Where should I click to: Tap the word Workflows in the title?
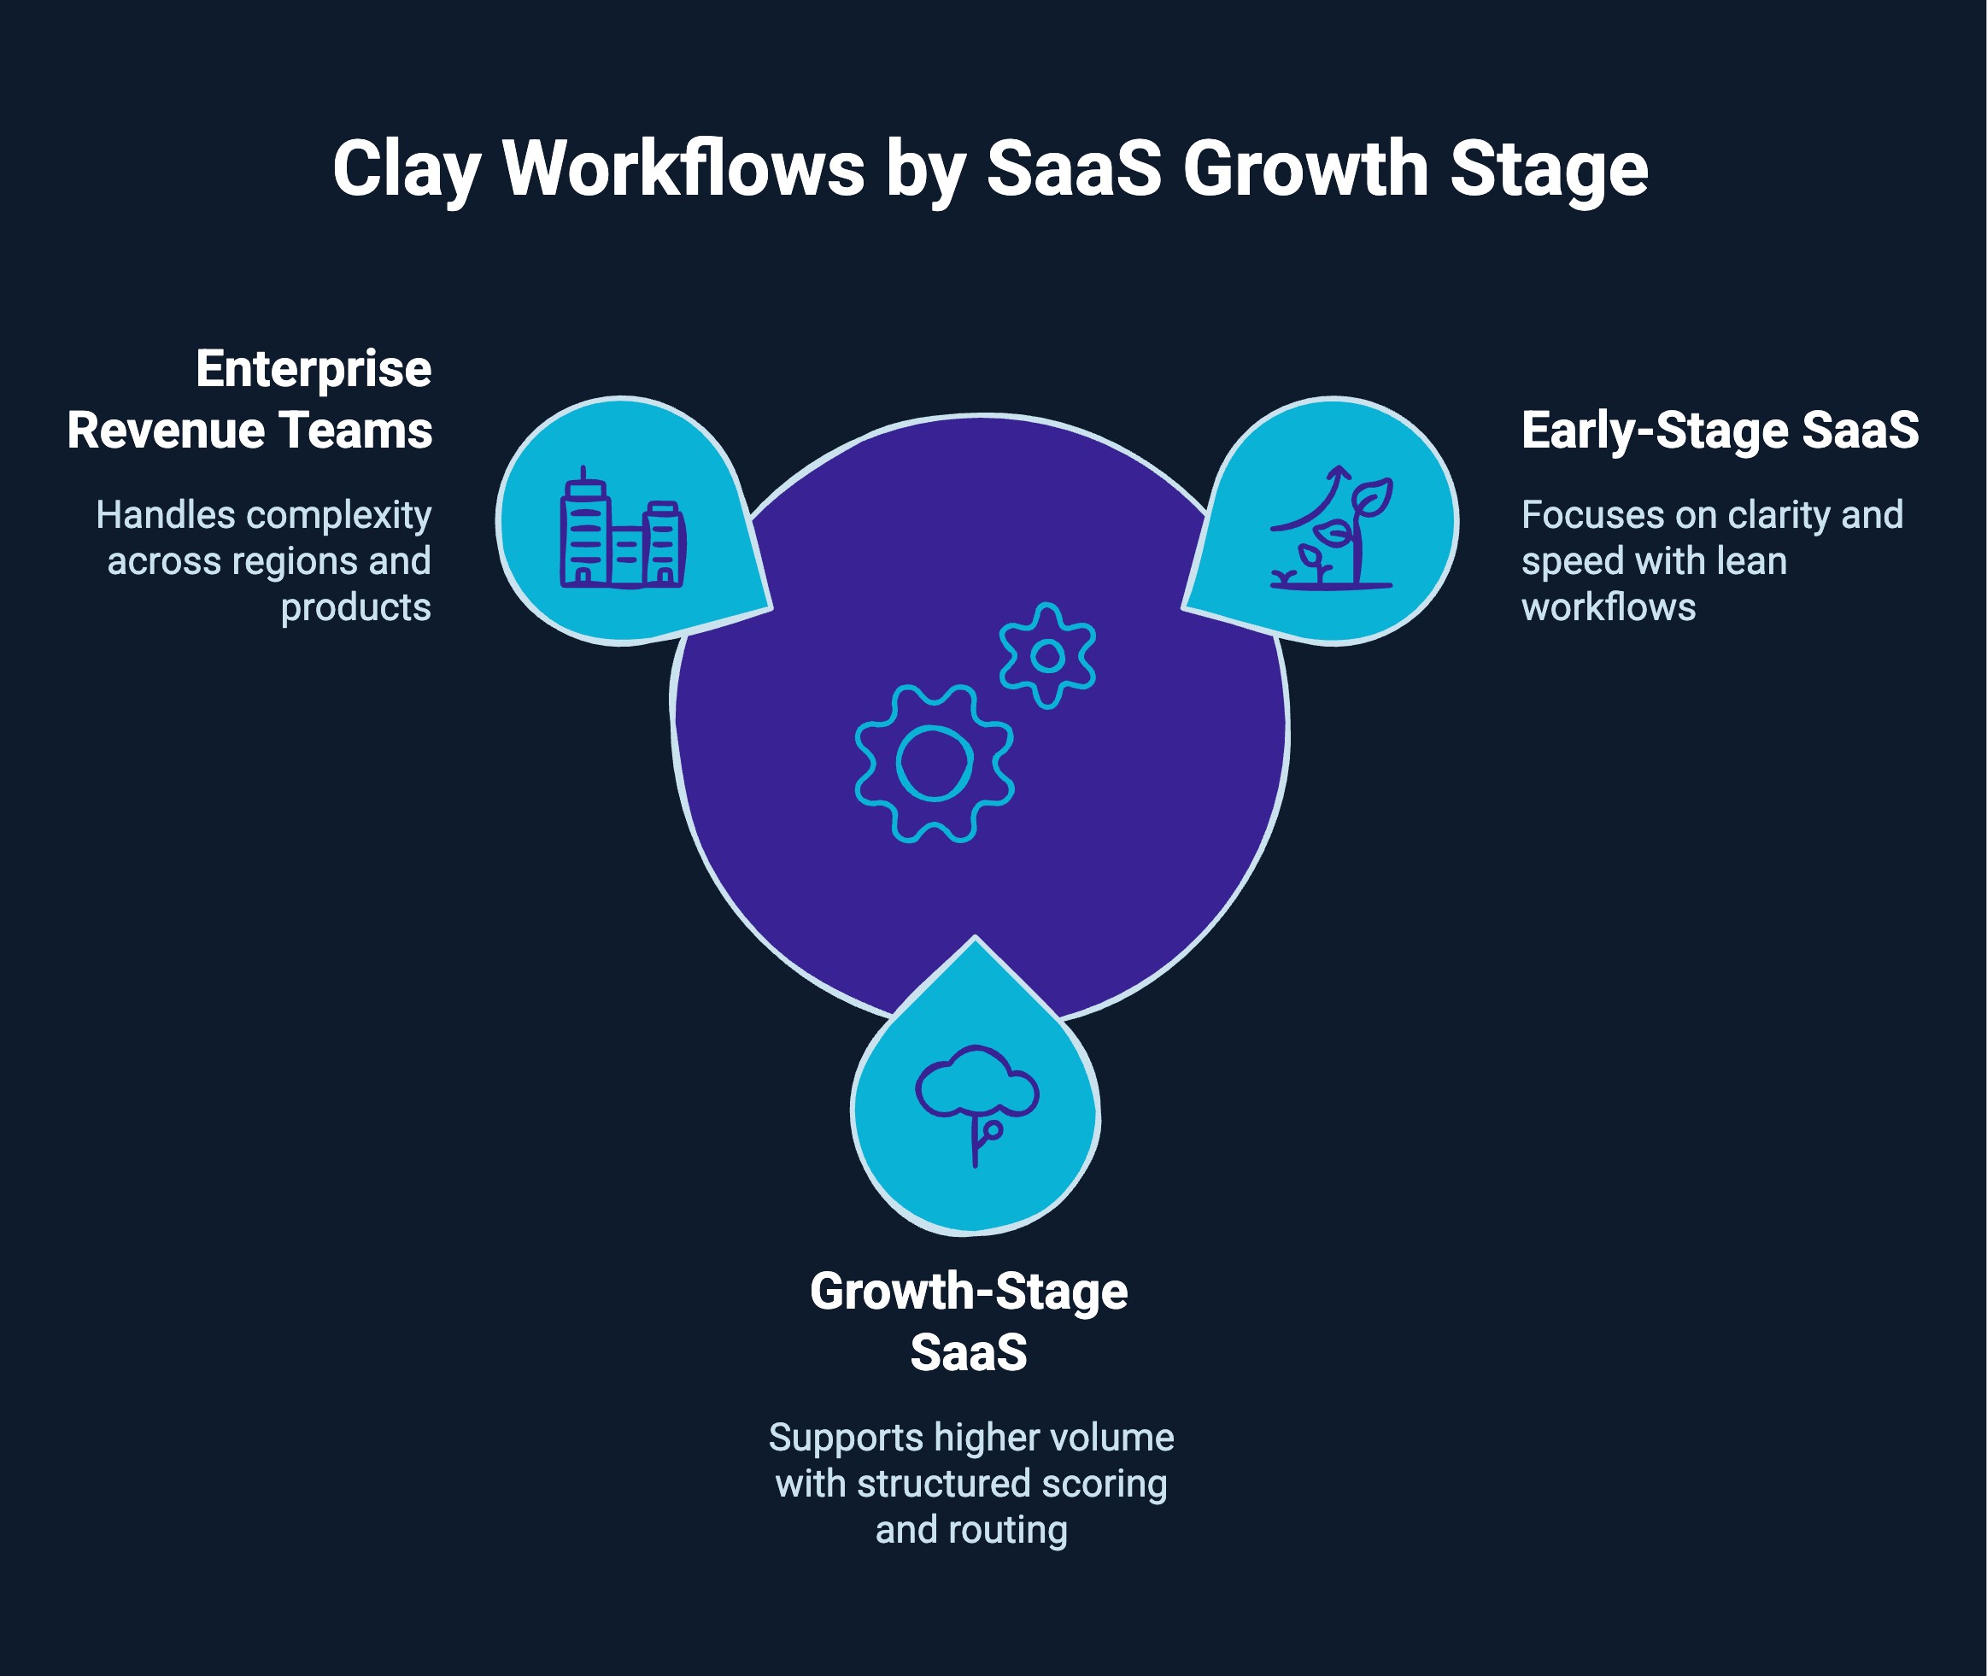coord(683,169)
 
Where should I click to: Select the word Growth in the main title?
coord(1304,169)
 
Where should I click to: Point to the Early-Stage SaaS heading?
coord(1719,430)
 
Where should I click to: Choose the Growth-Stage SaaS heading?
coord(969,1321)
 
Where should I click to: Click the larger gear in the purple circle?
coord(934,762)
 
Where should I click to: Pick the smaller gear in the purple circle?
coord(1047,655)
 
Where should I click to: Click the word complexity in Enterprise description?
coord(338,516)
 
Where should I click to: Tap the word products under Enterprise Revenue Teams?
coord(355,607)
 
